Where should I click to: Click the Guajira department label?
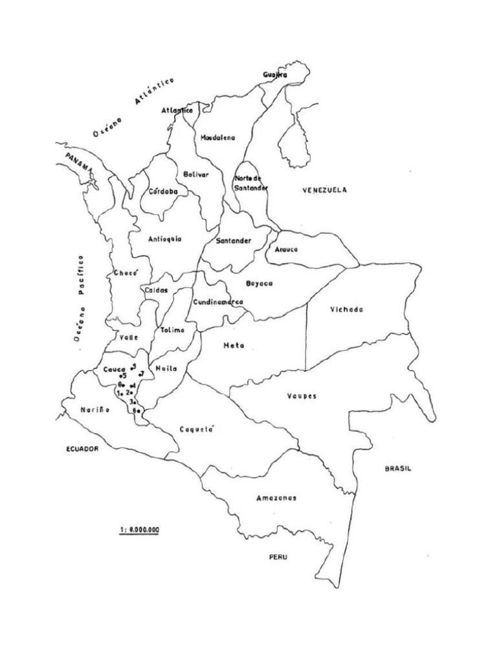coord(275,75)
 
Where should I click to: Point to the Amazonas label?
coord(276,498)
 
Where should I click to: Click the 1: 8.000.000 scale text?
coord(139,529)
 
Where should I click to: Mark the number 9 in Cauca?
coord(133,366)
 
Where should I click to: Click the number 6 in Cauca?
coord(135,410)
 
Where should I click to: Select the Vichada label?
coord(346,309)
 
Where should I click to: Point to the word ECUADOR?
coord(82,449)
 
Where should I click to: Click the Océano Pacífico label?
coord(80,298)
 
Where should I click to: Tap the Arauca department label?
coord(286,249)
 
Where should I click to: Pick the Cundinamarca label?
coord(218,302)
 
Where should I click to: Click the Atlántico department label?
coord(177,111)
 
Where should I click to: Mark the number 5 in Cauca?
coord(123,376)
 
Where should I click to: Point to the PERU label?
coord(279,557)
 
